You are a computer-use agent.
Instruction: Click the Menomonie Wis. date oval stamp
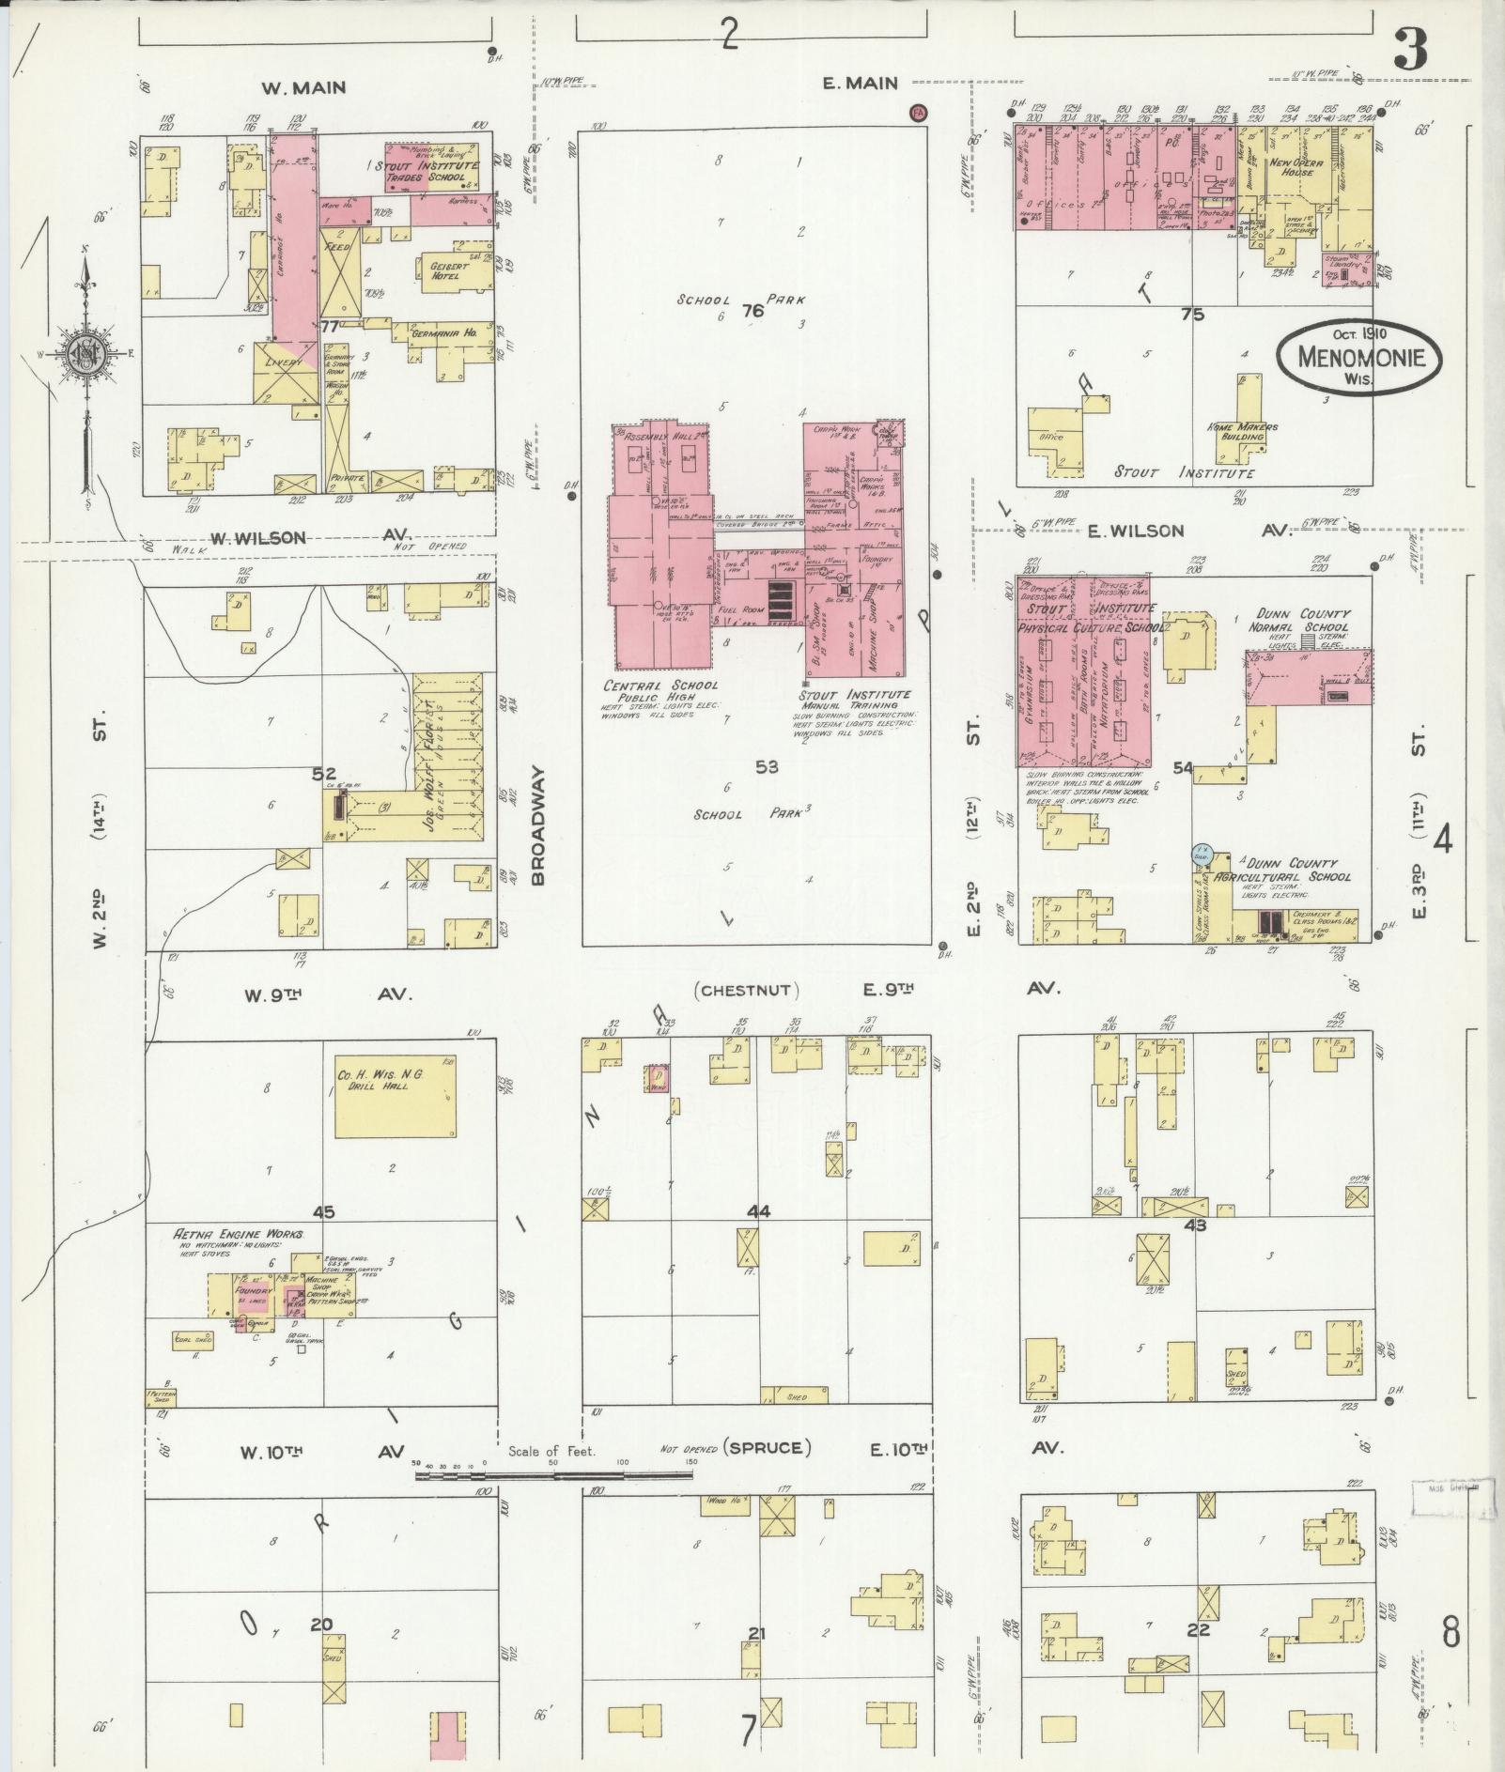[1358, 356]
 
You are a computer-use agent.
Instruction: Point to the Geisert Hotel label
[448, 270]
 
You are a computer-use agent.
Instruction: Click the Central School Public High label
[661, 691]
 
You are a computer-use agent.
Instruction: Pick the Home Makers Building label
[1242, 432]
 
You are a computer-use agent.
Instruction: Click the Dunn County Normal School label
[1298, 620]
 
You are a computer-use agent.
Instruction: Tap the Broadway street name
[537, 824]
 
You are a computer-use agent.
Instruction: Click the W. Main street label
[303, 87]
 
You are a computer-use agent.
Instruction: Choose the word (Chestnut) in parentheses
[748, 990]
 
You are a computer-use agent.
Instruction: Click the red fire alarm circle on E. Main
[918, 113]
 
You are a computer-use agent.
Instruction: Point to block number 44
[758, 1211]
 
